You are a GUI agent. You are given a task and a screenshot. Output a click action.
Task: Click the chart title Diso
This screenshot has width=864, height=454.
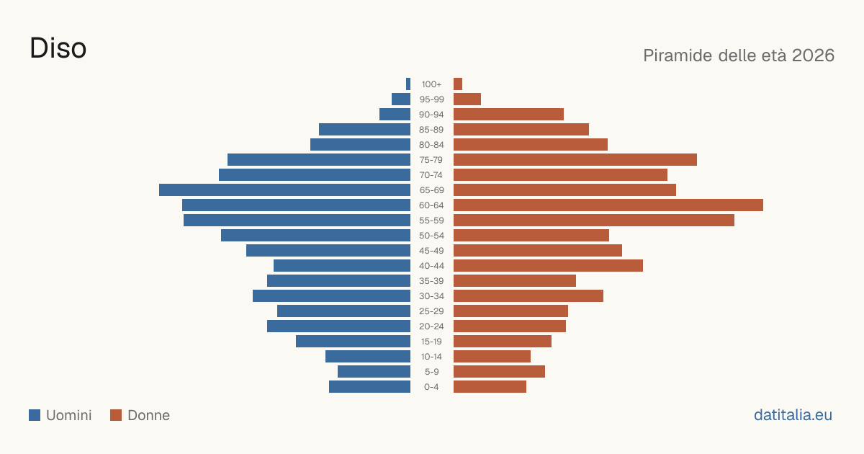pyautogui.click(x=58, y=48)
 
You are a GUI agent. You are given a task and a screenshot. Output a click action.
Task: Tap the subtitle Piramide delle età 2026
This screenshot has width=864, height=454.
pyautogui.click(x=739, y=55)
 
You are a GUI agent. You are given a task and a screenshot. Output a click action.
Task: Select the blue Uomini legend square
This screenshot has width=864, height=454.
pyautogui.click(x=35, y=415)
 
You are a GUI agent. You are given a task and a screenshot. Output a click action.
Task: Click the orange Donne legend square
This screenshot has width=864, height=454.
pyautogui.click(x=116, y=415)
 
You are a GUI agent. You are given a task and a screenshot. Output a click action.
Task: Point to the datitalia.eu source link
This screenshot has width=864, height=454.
pyautogui.click(x=793, y=415)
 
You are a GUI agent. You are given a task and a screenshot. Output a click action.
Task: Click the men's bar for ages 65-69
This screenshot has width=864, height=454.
pyautogui.click(x=284, y=190)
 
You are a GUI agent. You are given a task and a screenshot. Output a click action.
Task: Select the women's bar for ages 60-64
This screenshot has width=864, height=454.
pyautogui.click(x=608, y=205)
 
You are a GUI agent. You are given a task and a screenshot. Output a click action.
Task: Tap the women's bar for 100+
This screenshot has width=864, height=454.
pyautogui.click(x=458, y=84)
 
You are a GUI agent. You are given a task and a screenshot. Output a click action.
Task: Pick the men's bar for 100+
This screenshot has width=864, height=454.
pyautogui.click(x=408, y=84)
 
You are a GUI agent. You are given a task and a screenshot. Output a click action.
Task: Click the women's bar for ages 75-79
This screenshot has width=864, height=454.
pyautogui.click(x=575, y=159)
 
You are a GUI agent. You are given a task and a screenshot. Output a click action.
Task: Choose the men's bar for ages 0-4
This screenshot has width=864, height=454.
pyautogui.click(x=369, y=386)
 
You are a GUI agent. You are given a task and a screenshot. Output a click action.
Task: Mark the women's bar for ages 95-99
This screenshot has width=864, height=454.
pyautogui.click(x=467, y=99)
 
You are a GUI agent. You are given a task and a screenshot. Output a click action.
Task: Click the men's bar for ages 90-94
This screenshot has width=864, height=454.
pyautogui.click(x=395, y=115)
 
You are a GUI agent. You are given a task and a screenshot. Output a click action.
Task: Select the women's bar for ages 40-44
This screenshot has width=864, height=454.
pyautogui.click(x=548, y=266)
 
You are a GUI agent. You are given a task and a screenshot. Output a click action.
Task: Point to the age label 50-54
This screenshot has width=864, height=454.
pyautogui.click(x=431, y=236)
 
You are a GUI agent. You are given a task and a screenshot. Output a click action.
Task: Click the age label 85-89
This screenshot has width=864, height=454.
pyautogui.click(x=431, y=130)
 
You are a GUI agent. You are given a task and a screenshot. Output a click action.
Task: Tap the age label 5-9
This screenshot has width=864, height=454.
pyautogui.click(x=431, y=372)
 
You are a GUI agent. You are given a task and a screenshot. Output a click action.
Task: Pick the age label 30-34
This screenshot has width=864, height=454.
pyautogui.click(x=431, y=296)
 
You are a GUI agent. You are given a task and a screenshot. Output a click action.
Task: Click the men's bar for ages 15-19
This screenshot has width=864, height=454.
pyautogui.click(x=353, y=342)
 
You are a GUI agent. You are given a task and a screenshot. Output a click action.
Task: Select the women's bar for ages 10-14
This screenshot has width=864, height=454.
pyautogui.click(x=492, y=356)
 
